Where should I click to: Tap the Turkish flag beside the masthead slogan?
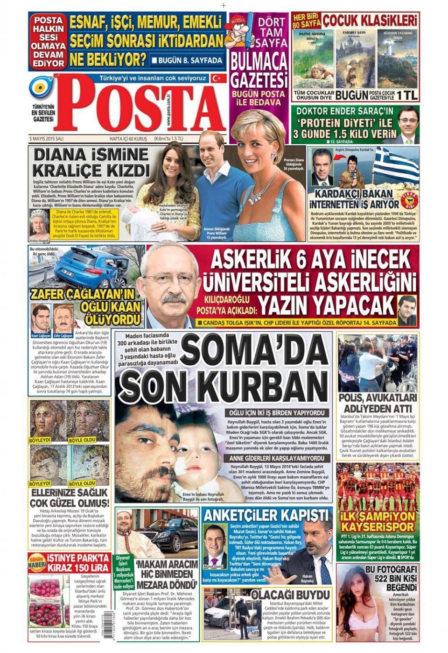pos(216,78)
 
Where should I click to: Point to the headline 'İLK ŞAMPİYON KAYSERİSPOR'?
pos(378,522)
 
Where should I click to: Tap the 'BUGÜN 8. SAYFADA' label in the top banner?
pos(187,61)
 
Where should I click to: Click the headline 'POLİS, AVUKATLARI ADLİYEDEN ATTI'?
pos(377,403)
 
